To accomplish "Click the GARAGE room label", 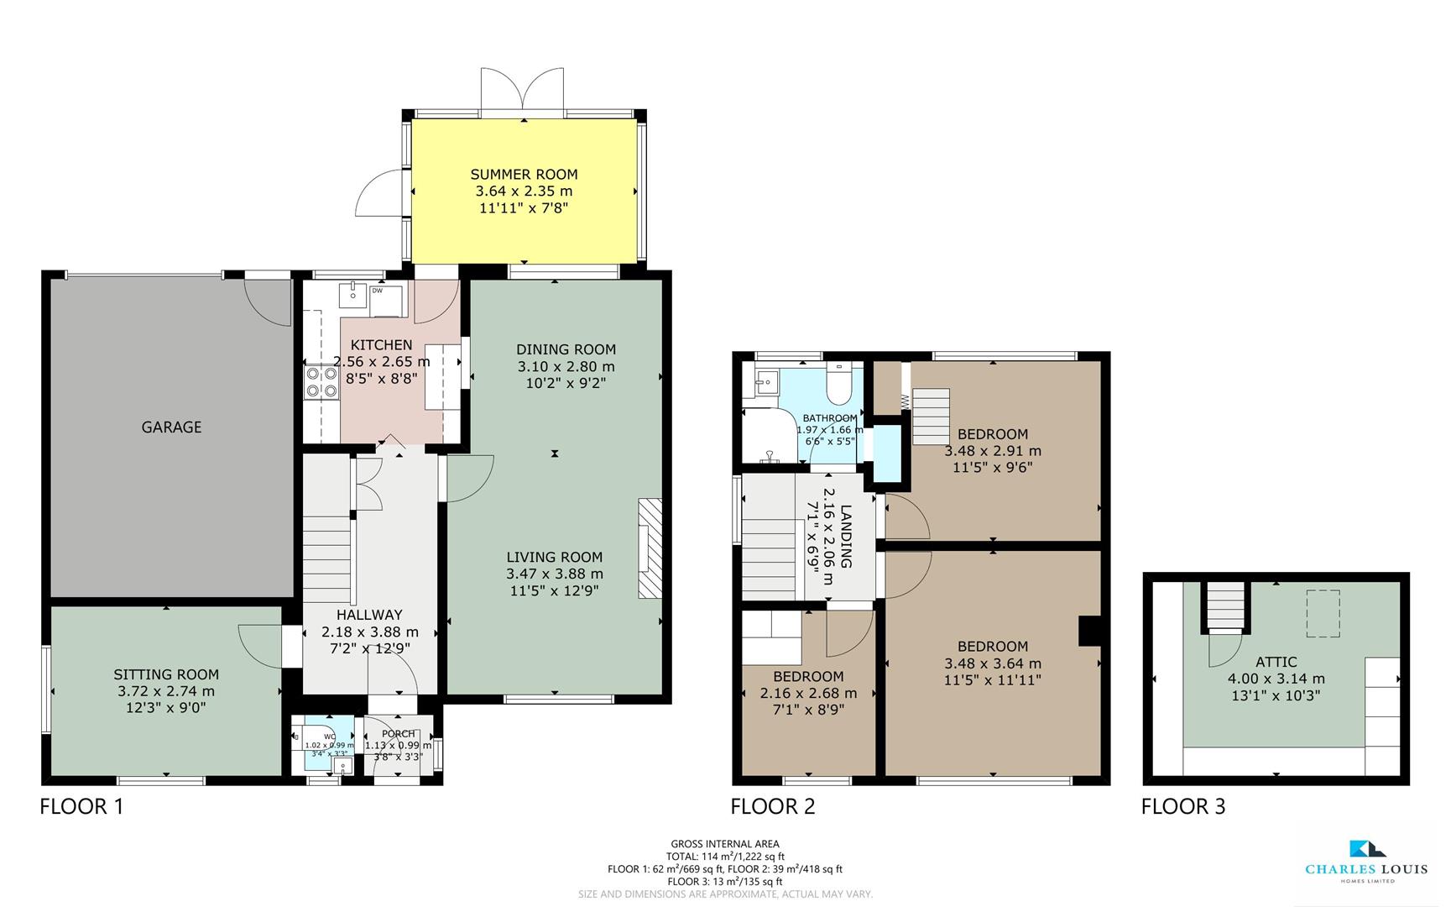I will [171, 427].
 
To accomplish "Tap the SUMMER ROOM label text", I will [524, 175].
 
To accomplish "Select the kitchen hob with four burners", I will [320, 382].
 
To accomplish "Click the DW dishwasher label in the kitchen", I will [377, 291].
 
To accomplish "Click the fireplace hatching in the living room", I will [650, 548].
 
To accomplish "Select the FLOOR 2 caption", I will [772, 807].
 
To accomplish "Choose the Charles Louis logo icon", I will [1366, 849].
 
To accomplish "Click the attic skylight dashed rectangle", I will [1323, 613].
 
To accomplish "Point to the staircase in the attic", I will [1224, 606].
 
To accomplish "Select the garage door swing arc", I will [267, 301].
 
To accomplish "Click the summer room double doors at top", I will [522, 91].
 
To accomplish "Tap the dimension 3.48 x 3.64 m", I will [992, 663].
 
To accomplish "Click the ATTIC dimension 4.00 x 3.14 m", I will [1276, 679].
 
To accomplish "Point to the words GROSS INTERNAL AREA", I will [724, 844].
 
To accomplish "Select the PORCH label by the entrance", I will [398, 734].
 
